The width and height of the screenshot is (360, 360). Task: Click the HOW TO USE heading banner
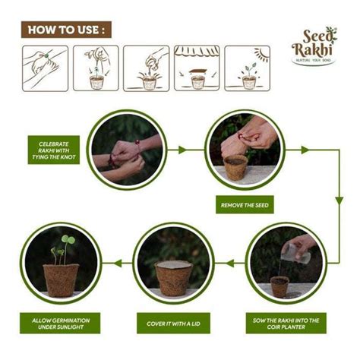(65, 30)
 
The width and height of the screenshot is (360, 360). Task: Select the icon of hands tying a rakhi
(45, 68)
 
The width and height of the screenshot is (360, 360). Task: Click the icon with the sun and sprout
(247, 68)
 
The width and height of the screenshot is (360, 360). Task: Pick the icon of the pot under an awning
(197, 68)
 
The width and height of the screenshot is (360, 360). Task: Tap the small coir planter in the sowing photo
(279, 286)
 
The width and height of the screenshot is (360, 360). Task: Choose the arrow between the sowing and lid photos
(229, 264)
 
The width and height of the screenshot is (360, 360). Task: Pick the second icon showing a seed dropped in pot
(96, 68)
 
